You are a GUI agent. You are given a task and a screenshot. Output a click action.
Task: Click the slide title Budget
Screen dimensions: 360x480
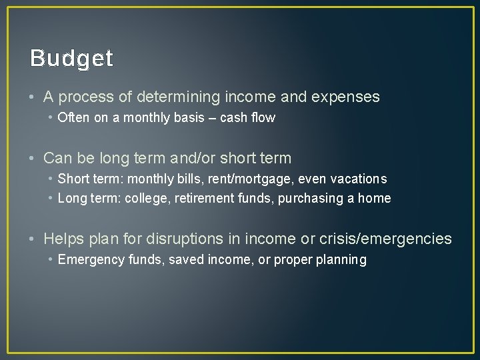click(71, 59)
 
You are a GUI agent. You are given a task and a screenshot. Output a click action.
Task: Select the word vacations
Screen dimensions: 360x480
click(355, 179)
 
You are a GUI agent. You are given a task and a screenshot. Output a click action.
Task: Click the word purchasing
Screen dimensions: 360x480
click(317, 199)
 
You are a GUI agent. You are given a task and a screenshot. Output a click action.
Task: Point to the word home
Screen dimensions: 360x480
click(375, 199)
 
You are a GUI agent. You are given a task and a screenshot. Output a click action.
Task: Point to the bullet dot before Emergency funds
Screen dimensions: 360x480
click(51, 260)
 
